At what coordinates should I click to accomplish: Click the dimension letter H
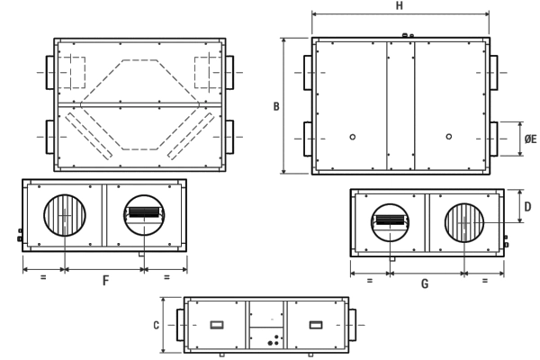coord(399,6)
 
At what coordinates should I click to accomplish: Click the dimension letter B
coord(276,106)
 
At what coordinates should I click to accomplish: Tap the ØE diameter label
coord(530,139)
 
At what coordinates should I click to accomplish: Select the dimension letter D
coord(527,207)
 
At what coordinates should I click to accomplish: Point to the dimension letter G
coord(425,283)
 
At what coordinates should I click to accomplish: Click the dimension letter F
coord(105,281)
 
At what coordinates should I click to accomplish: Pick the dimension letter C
coord(156,325)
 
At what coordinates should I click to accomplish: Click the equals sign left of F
coord(43,277)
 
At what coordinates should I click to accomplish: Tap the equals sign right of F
coord(166,277)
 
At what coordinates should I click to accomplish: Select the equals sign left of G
coord(370,281)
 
